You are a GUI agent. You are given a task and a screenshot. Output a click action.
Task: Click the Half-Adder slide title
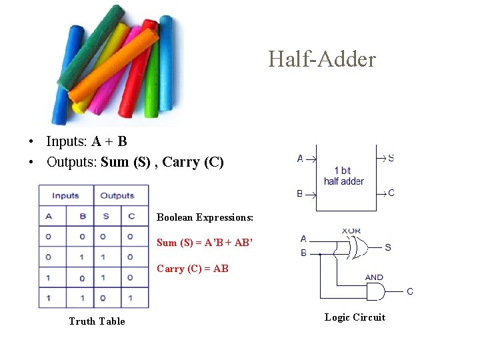pos(322,59)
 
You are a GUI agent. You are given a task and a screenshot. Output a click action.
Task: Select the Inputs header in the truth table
pos(65,195)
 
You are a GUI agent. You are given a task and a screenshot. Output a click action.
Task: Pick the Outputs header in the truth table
pos(117,195)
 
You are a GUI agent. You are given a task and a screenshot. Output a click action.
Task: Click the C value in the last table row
pos(131,297)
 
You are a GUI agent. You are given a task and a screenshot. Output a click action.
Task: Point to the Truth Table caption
pos(97,321)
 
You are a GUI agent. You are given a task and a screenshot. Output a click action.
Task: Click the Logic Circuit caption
pos(355,317)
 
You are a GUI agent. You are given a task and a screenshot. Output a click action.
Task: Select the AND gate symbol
pos(375,291)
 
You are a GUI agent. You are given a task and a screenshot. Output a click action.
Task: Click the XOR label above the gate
pos(351,231)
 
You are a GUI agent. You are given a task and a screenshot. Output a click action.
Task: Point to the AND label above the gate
pos(374,277)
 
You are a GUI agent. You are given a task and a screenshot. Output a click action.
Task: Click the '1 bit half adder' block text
pos(343,176)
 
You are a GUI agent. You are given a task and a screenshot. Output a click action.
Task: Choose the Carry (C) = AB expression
pos(192,269)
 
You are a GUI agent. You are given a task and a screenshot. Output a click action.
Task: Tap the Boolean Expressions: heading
pos(205,217)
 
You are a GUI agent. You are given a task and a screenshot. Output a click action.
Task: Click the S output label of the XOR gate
pos(388,247)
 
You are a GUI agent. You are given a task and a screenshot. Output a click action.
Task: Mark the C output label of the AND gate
pos(409,291)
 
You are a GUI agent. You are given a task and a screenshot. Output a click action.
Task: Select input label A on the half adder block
pos(300,159)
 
